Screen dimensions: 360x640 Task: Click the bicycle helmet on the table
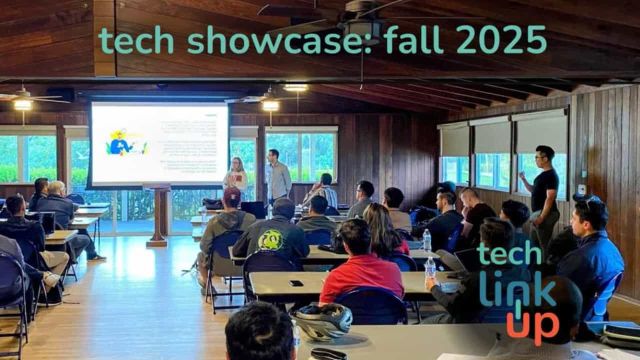[x=322, y=320]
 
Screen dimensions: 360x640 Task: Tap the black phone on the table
[x=296, y=283]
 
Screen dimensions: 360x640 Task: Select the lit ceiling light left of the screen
[x=22, y=104]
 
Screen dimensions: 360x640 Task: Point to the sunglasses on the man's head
[x=590, y=199]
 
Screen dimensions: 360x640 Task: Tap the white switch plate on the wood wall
[x=582, y=189]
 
